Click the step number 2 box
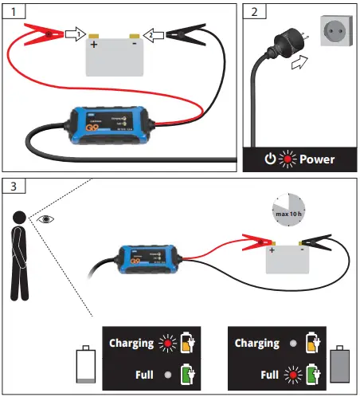(253, 11)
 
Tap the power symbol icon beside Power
(270, 159)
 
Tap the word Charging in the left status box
(132, 343)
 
